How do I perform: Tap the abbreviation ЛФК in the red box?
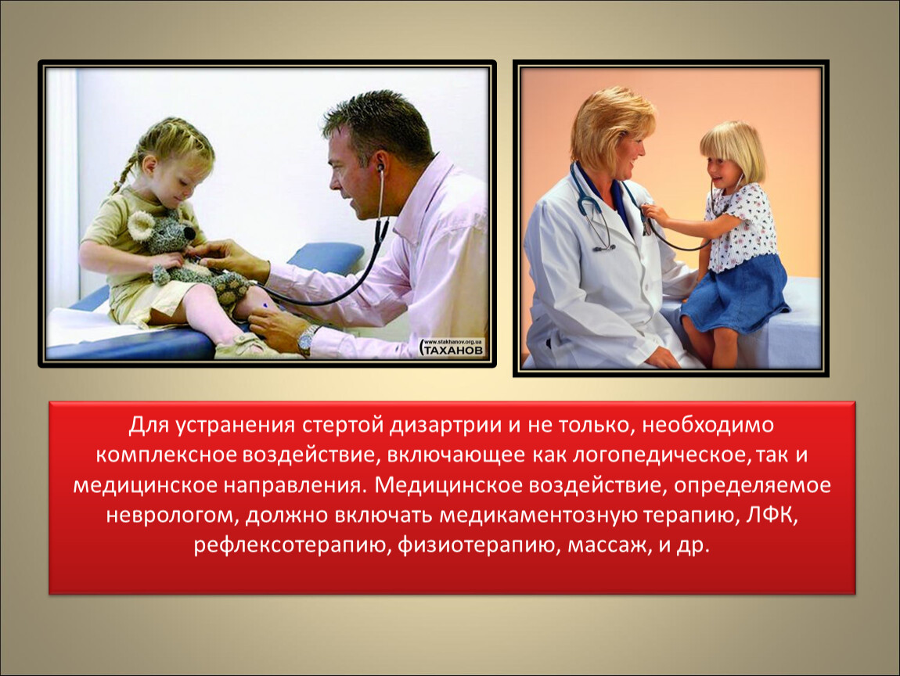point(772,515)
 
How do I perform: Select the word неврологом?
point(171,516)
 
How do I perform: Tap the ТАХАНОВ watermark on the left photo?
point(453,348)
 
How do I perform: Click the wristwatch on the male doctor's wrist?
point(307,338)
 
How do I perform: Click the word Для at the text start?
point(149,426)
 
